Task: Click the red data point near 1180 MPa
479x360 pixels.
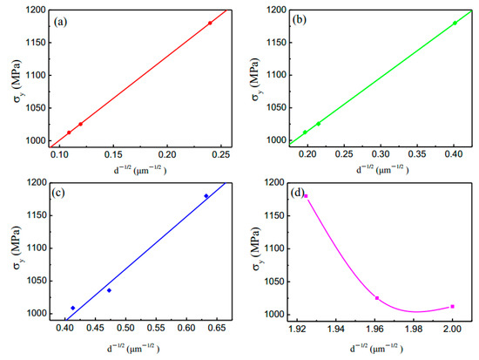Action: point(210,23)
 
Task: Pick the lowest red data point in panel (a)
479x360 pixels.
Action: point(69,132)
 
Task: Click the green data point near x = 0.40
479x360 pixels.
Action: point(455,23)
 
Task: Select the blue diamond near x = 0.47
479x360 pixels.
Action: point(109,290)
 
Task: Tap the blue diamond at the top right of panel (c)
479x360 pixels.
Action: point(206,196)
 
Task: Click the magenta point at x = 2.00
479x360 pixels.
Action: point(453,306)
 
